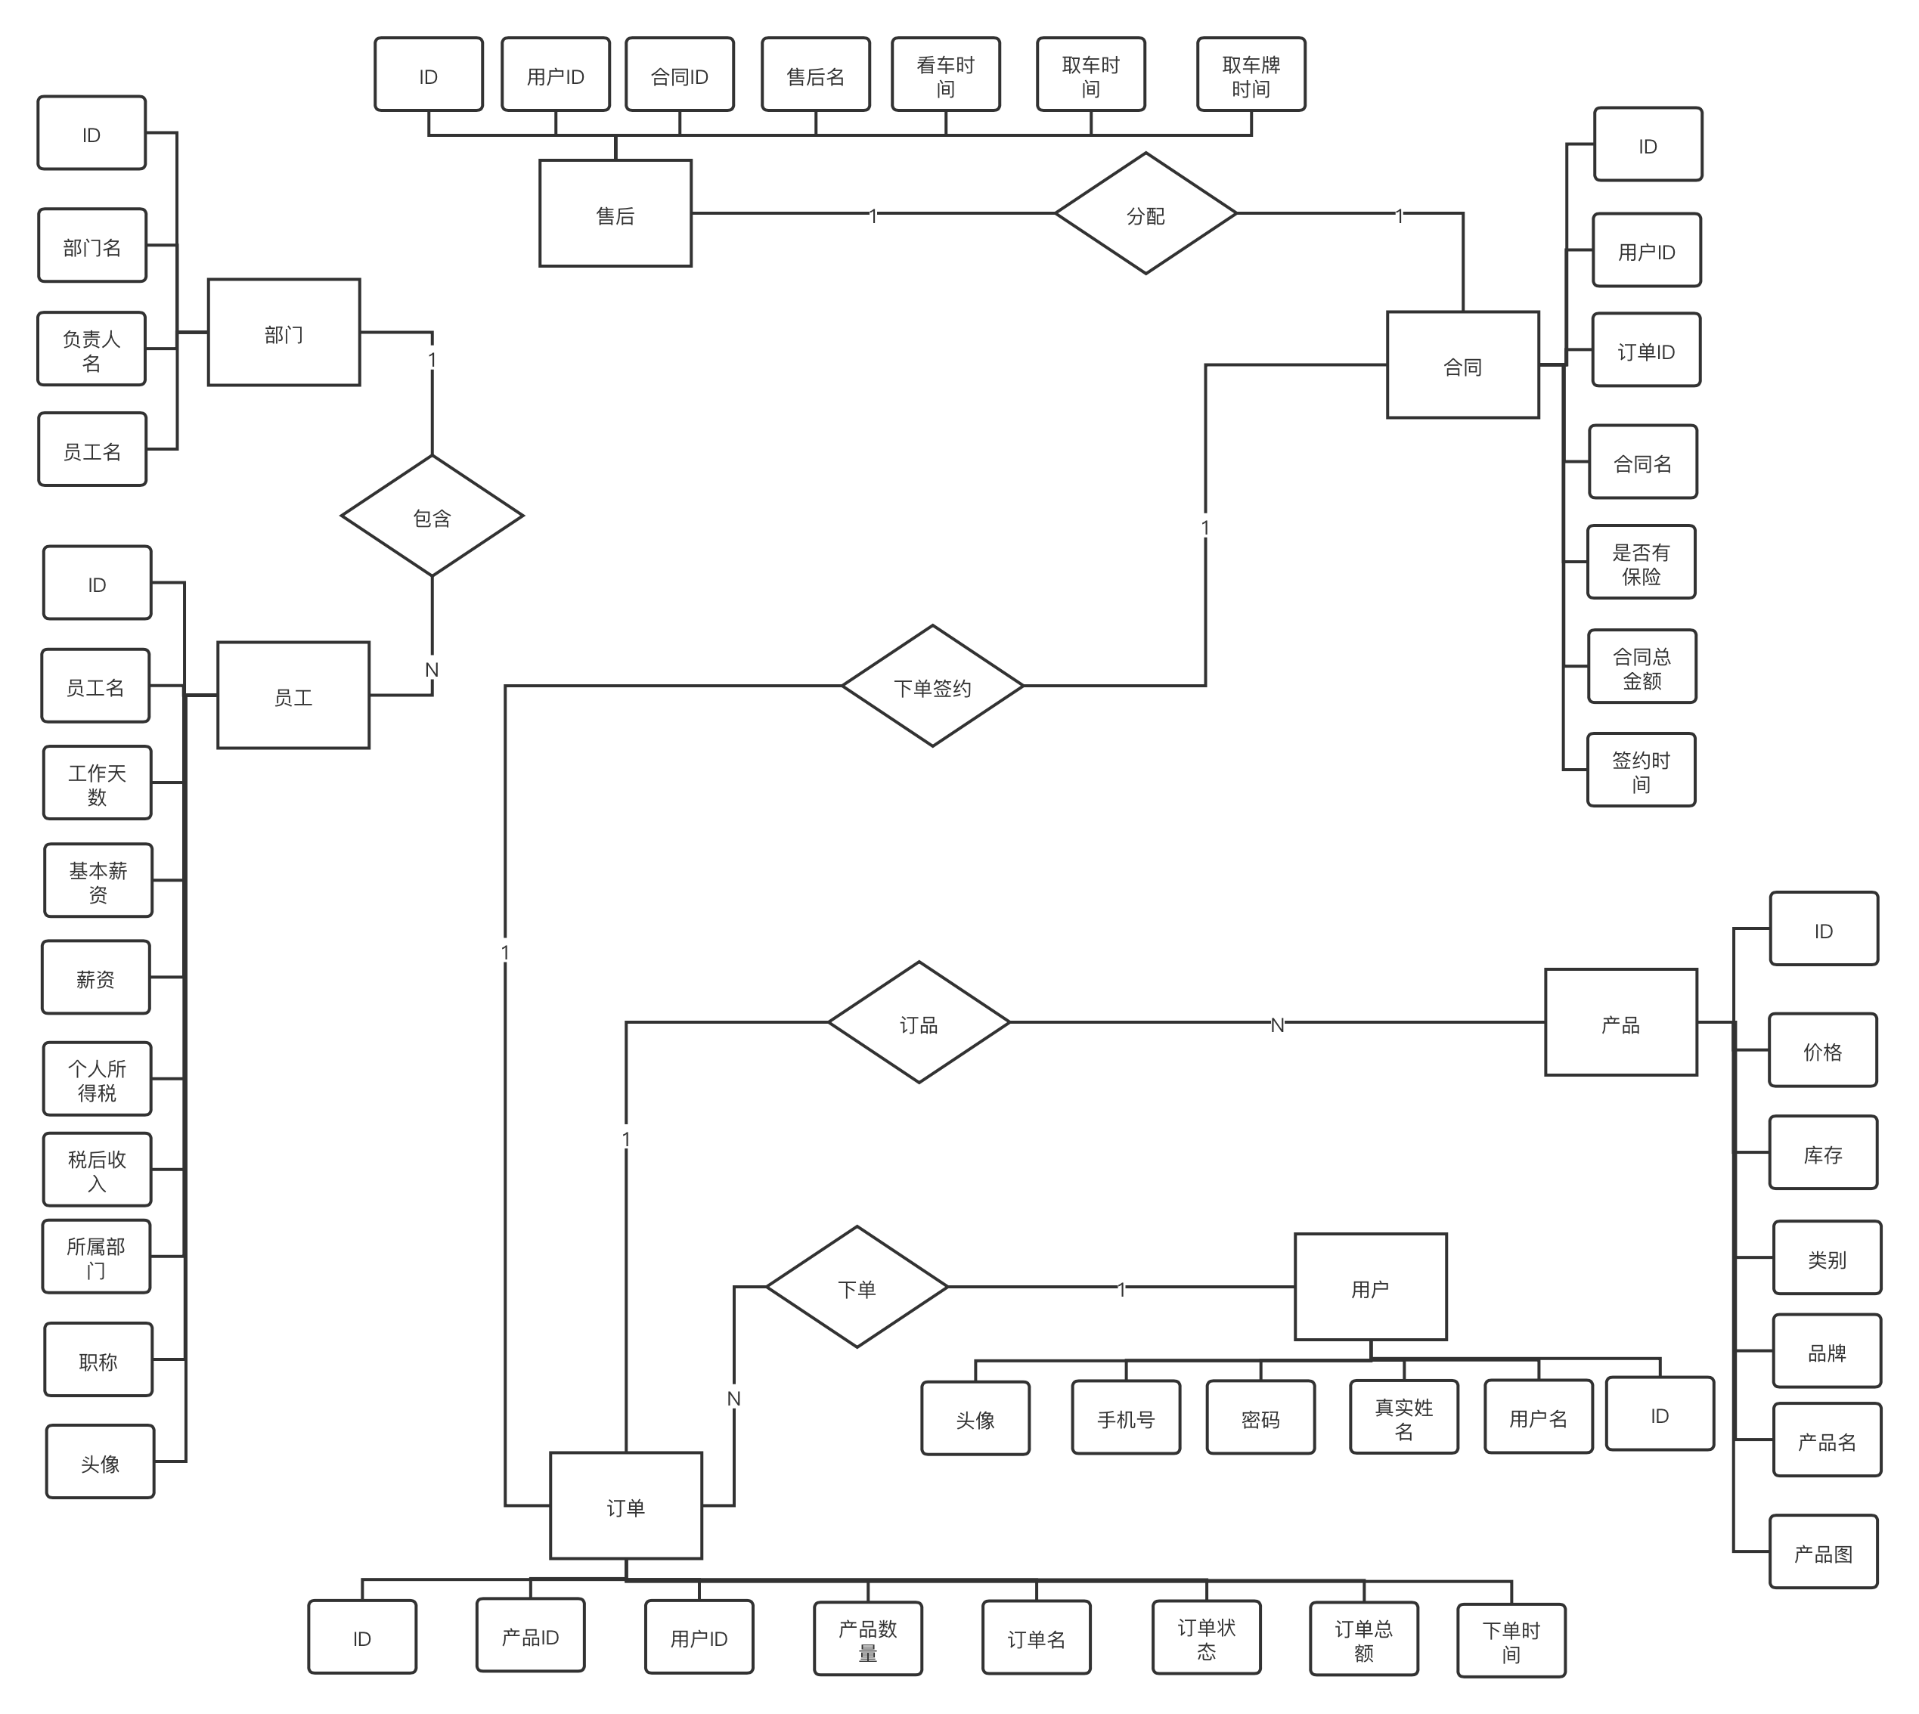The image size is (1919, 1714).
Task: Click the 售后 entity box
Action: pos(615,214)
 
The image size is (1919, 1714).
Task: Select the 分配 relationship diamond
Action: pos(1145,214)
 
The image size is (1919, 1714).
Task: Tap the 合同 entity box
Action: pos(1462,365)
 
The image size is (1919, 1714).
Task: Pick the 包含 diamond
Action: pos(431,516)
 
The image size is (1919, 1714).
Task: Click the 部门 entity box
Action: pos(284,333)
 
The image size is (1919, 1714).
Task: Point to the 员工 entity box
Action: pos(293,696)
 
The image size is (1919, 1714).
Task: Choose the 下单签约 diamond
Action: pos(932,687)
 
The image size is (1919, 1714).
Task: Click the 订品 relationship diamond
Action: pos(918,1023)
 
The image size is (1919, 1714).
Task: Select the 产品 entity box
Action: pos(1620,1023)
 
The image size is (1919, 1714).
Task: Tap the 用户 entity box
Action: pos(1369,1288)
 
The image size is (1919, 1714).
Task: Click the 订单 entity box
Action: pos(625,1506)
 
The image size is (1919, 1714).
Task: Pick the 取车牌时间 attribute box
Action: pos(1251,76)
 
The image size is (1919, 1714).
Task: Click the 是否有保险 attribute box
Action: pos(1640,563)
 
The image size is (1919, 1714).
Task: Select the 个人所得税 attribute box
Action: pos(96,1079)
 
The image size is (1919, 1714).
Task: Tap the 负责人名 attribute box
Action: pos(91,349)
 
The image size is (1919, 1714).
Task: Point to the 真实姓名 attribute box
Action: pos(1403,1418)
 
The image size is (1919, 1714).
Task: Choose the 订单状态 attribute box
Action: pos(1206,1638)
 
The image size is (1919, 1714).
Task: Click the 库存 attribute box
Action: pos(1822,1154)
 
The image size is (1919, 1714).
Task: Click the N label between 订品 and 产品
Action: pos(1277,1024)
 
